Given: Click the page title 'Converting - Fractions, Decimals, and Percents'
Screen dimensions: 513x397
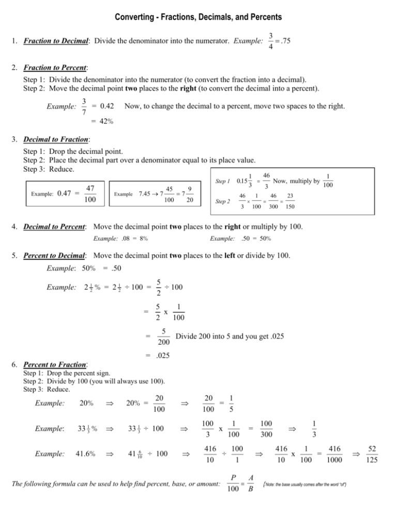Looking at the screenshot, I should click(198, 18).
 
